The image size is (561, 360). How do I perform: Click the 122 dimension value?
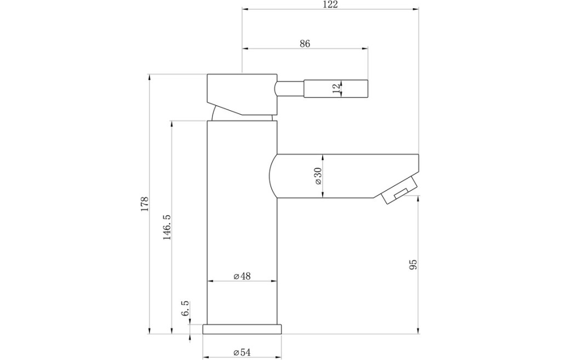pyautogui.click(x=330, y=4)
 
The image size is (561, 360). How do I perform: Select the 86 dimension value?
pyautogui.click(x=305, y=44)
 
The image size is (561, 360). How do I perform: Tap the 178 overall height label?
pyautogui.click(x=144, y=204)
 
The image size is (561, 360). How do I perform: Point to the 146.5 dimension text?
pyautogui.click(x=167, y=227)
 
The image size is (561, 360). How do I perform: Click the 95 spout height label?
pyautogui.click(x=413, y=265)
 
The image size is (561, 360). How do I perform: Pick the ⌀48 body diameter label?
pyautogui.click(x=242, y=276)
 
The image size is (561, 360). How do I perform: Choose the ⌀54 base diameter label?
pyautogui.click(x=242, y=352)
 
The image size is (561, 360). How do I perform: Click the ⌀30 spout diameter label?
pyautogui.click(x=318, y=176)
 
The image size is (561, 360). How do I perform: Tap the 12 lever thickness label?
pyautogui.click(x=336, y=88)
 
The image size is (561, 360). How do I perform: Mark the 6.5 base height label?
pyautogui.click(x=185, y=308)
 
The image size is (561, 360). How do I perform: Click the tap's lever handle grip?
pyautogui.click(x=336, y=88)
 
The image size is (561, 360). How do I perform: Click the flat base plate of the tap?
pyautogui.click(x=242, y=329)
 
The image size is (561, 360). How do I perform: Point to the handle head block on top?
pyautogui.click(x=242, y=94)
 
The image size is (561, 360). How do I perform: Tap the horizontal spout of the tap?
pyautogui.click(x=344, y=176)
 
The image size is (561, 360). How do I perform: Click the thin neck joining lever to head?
pyautogui.click(x=289, y=88)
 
